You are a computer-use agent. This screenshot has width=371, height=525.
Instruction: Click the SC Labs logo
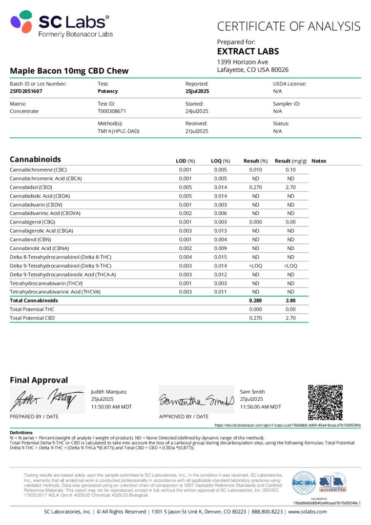pos(60,24)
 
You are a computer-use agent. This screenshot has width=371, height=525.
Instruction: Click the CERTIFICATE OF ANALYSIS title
pos(288,26)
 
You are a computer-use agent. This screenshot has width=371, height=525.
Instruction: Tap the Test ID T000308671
pos(112,111)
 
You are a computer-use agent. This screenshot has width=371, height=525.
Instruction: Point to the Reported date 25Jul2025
pos(197,91)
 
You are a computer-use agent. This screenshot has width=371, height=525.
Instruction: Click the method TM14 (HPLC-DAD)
pos(118,131)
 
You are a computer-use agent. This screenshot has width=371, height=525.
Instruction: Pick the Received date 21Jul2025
pos(196,131)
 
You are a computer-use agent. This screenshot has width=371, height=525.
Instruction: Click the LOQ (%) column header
pos(220,161)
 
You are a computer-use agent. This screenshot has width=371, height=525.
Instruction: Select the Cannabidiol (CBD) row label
pos(32,187)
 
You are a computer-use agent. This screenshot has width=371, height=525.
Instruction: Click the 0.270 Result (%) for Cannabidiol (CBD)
pos(255,187)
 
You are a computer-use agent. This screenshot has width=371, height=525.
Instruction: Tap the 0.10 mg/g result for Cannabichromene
pos(291,170)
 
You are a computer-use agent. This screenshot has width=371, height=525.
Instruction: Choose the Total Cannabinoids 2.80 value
pos(291,300)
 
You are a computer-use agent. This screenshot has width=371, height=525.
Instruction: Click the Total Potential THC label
pos(32,309)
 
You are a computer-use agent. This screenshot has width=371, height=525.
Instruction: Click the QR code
pos(325,401)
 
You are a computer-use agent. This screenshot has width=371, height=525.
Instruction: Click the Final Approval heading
pos(38,380)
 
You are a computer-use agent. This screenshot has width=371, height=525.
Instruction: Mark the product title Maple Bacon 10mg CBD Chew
pos(69,71)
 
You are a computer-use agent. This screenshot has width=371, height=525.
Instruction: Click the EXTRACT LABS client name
pos(248,51)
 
